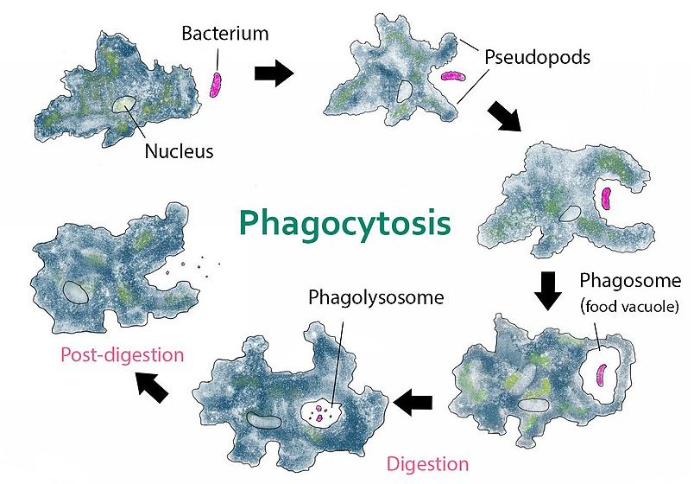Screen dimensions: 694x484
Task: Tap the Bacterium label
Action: (x=224, y=33)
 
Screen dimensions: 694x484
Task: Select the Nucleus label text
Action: (x=179, y=151)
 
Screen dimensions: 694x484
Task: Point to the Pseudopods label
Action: (x=537, y=58)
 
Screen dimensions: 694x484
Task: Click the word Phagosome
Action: (x=630, y=281)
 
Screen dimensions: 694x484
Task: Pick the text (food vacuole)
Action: (x=629, y=306)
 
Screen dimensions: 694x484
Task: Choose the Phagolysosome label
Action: (x=375, y=298)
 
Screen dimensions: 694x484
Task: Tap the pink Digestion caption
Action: (x=427, y=464)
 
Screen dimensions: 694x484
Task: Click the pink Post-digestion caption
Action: (x=123, y=355)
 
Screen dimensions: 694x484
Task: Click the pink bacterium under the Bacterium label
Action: (x=216, y=84)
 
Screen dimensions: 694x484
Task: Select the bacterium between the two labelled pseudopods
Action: (x=453, y=76)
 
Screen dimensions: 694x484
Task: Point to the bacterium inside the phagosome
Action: (x=602, y=375)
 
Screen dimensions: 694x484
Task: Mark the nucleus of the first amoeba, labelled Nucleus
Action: (x=123, y=105)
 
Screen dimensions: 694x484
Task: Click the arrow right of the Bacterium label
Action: (x=274, y=73)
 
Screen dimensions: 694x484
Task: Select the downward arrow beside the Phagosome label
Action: (x=548, y=290)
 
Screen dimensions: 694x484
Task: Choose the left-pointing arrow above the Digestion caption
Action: (x=412, y=403)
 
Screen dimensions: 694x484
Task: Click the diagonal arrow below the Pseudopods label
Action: (x=505, y=116)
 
